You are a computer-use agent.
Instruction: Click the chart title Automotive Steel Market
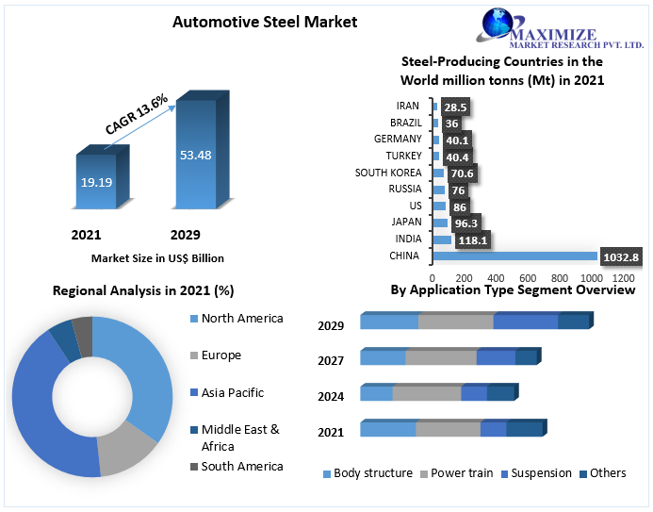point(265,22)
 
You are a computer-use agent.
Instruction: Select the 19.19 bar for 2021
point(95,182)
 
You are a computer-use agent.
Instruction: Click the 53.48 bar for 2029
point(196,155)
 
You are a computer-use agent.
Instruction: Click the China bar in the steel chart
point(514,256)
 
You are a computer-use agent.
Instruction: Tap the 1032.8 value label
point(621,256)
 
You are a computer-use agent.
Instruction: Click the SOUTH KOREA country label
point(387,173)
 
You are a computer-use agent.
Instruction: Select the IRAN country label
point(408,106)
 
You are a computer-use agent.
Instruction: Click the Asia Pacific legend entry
point(232,392)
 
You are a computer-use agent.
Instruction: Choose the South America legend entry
point(241,466)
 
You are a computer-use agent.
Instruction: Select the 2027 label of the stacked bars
point(331,360)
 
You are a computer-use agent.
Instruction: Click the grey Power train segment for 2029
point(455,322)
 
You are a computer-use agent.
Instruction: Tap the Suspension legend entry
point(541,473)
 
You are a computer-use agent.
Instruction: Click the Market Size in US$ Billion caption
point(157,257)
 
